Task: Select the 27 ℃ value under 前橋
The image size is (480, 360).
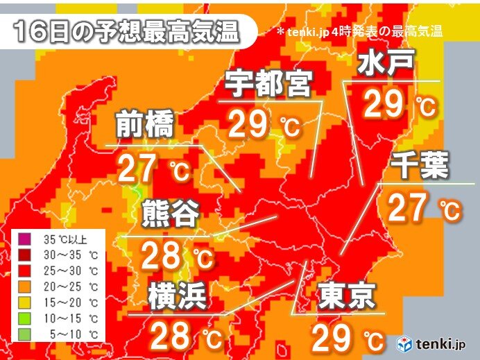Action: [151, 169]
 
